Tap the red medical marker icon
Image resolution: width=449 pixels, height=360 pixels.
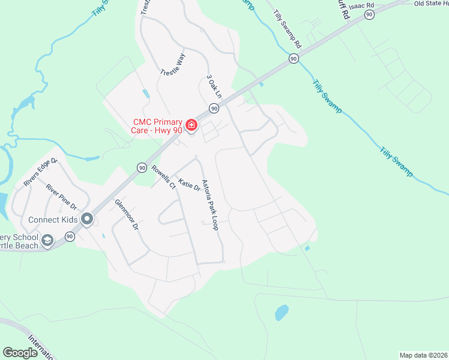coord(191,125)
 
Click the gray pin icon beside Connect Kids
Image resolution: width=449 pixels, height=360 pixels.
coord(87,220)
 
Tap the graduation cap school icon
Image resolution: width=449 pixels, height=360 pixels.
coord(47,241)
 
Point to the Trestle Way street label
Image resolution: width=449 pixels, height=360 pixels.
coord(173,64)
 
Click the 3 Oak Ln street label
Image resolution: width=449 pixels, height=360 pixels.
coord(214,87)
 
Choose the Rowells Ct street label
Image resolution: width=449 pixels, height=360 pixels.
coord(163,177)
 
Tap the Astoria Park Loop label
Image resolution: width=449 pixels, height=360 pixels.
coord(210,205)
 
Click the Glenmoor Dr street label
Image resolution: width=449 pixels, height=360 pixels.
coord(127,215)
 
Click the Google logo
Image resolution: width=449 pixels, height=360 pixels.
coord(20,353)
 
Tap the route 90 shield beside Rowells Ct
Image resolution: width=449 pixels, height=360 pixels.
coord(141,167)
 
